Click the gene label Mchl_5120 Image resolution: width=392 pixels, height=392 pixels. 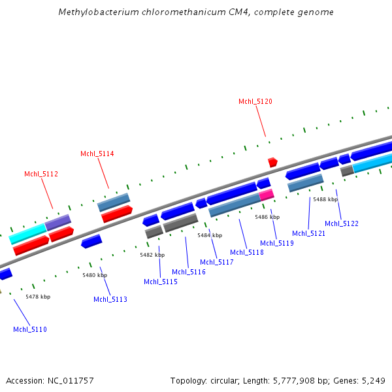tap(255, 101)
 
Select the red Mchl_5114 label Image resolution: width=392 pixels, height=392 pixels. tap(97, 154)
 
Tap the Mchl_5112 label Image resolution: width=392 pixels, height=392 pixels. tap(41, 174)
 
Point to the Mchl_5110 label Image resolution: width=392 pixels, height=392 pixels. tap(30, 329)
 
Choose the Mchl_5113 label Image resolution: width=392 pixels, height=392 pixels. tap(110, 299)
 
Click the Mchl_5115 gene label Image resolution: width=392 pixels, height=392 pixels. tap(161, 282)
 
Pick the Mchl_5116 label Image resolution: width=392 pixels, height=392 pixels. tap(189, 272)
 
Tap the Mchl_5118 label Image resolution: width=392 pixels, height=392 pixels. tap(247, 252)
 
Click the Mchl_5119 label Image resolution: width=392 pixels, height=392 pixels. tap(277, 243)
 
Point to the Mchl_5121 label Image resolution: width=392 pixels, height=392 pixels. tap(308, 233)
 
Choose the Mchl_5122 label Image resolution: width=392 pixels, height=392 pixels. tap(342, 223)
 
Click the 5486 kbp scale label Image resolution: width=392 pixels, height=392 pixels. tap(267, 217)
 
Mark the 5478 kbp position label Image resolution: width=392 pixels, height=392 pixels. tap(38, 297)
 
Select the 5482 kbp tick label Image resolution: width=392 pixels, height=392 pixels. tap(152, 255)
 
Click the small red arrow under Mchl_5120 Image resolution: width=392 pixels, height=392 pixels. tap(272, 162)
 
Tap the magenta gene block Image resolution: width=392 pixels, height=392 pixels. tap(266, 195)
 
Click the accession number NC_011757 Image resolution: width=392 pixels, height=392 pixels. tap(69, 380)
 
